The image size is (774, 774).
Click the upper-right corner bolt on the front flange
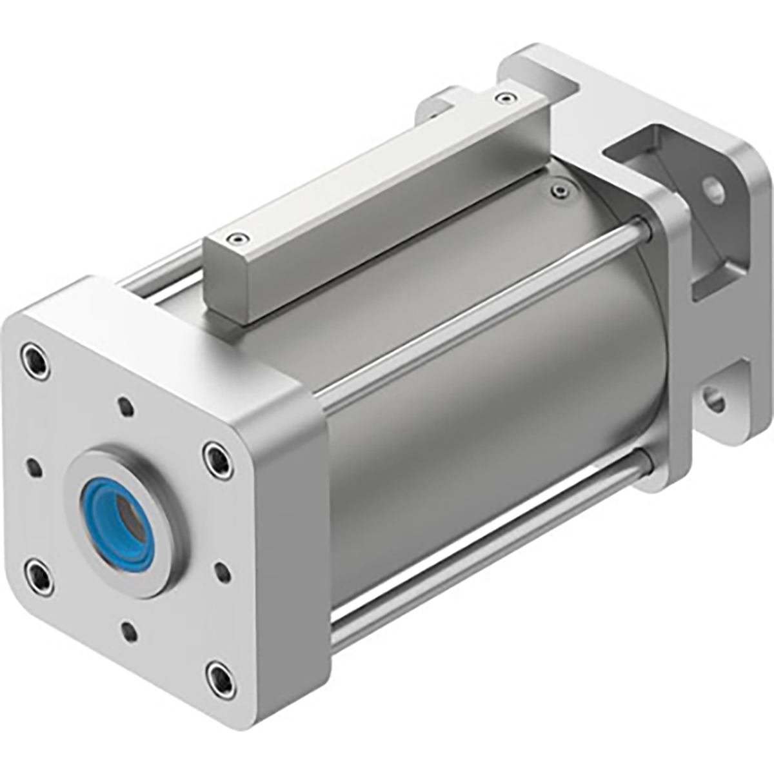(x=215, y=459)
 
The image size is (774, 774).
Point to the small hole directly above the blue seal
(x=126, y=408)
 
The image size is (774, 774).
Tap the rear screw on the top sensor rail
(x=504, y=98)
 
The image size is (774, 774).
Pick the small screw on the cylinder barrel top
(x=558, y=190)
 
